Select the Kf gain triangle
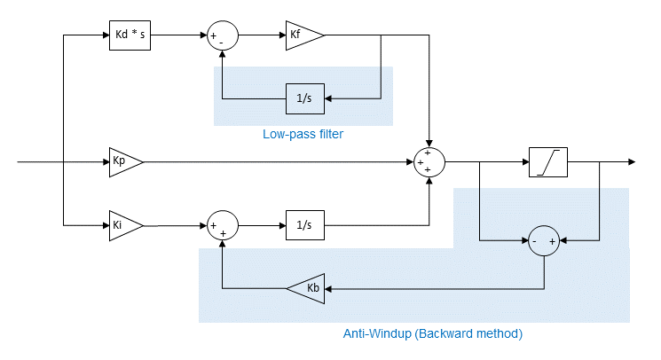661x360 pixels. tap(302, 36)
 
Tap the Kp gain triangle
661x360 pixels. tap(122, 162)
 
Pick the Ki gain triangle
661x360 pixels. tap(122, 225)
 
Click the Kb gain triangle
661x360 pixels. tap(306, 288)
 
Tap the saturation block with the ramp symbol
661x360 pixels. tap(547, 162)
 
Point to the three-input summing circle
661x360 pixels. tap(429, 163)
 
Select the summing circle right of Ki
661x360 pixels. tap(222, 226)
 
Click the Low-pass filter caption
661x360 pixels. tap(303, 135)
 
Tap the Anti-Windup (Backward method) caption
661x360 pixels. tap(433, 334)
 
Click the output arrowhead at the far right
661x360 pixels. tap(631, 162)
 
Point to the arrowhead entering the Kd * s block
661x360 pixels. tap(104, 36)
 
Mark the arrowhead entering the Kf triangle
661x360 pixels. tap(281, 36)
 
